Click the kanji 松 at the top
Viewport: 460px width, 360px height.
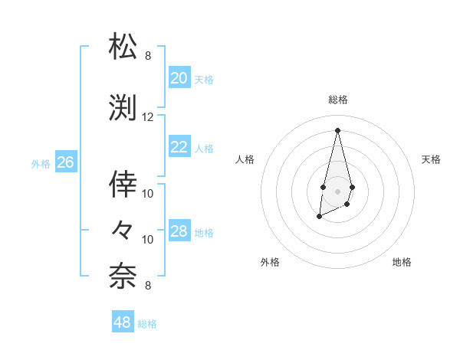click(x=123, y=47)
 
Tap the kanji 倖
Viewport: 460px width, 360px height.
click(x=123, y=183)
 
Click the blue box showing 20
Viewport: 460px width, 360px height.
click(x=179, y=78)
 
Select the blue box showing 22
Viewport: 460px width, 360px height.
click(x=179, y=147)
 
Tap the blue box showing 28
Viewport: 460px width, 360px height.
click(x=179, y=231)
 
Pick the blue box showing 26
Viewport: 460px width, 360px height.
click(x=66, y=162)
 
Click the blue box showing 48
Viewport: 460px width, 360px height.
click(x=123, y=322)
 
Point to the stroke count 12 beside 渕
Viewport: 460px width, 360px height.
click(x=148, y=117)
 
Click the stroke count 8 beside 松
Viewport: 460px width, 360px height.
click(x=148, y=56)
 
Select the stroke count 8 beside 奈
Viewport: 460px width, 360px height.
click(x=148, y=286)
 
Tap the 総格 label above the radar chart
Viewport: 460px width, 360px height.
click(x=337, y=100)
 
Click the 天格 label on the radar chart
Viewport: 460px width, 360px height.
click(x=431, y=159)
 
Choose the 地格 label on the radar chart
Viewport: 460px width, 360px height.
click(x=402, y=262)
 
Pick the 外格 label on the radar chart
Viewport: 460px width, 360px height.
click(x=270, y=262)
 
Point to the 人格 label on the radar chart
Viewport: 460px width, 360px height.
click(x=245, y=159)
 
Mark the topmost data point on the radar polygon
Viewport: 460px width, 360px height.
click(x=337, y=129)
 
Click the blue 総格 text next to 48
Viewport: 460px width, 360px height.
click(x=147, y=324)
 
